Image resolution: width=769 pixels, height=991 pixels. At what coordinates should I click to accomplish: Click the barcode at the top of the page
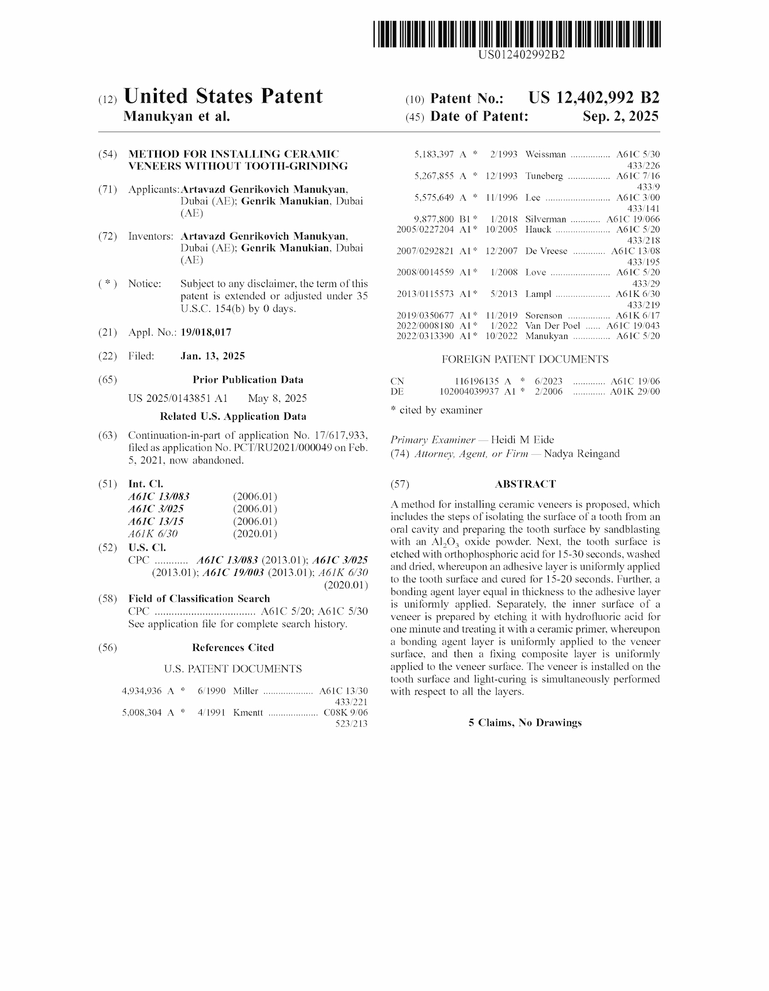coord(517,34)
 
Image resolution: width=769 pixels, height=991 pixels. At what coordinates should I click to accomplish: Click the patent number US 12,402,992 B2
coord(593,98)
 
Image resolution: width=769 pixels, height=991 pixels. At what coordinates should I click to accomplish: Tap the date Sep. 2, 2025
coord(620,116)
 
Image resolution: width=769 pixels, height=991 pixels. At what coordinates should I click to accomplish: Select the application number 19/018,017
coord(206,333)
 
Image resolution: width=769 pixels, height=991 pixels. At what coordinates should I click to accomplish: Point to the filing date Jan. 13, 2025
coord(213,356)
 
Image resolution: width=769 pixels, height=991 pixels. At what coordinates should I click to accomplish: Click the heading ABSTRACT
coord(525,484)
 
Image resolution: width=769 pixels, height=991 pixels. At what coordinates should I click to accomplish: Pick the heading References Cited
coord(233,648)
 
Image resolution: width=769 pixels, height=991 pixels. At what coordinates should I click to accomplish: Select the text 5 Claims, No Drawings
coord(525,723)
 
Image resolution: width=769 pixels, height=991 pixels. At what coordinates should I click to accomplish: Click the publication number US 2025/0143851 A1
coord(178,398)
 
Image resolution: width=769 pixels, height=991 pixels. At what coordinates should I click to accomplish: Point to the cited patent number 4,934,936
coord(142,691)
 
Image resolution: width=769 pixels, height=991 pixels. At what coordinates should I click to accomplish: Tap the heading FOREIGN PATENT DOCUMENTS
coord(525,360)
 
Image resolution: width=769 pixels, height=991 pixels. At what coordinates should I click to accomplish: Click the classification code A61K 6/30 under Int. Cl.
coord(153,534)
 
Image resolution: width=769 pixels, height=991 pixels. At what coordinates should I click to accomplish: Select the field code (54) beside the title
coord(108,155)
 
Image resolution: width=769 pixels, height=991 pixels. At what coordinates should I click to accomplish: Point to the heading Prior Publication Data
coord(248,380)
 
